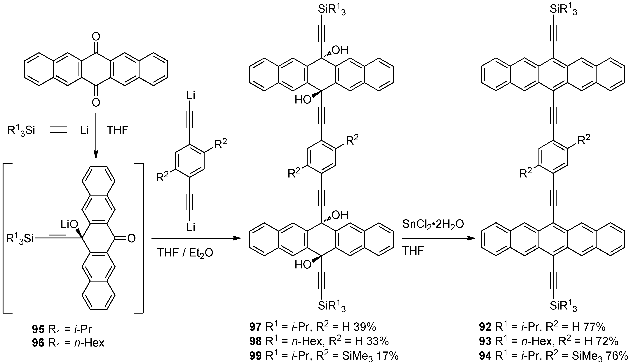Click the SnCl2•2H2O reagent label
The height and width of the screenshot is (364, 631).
pyautogui.click(x=433, y=224)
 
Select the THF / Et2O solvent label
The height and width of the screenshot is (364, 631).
pyautogui.click(x=185, y=253)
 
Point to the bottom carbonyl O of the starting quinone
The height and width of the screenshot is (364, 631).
pyautogui.click(x=96, y=102)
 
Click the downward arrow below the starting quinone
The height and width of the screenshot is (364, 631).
pyautogui.click(x=96, y=135)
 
